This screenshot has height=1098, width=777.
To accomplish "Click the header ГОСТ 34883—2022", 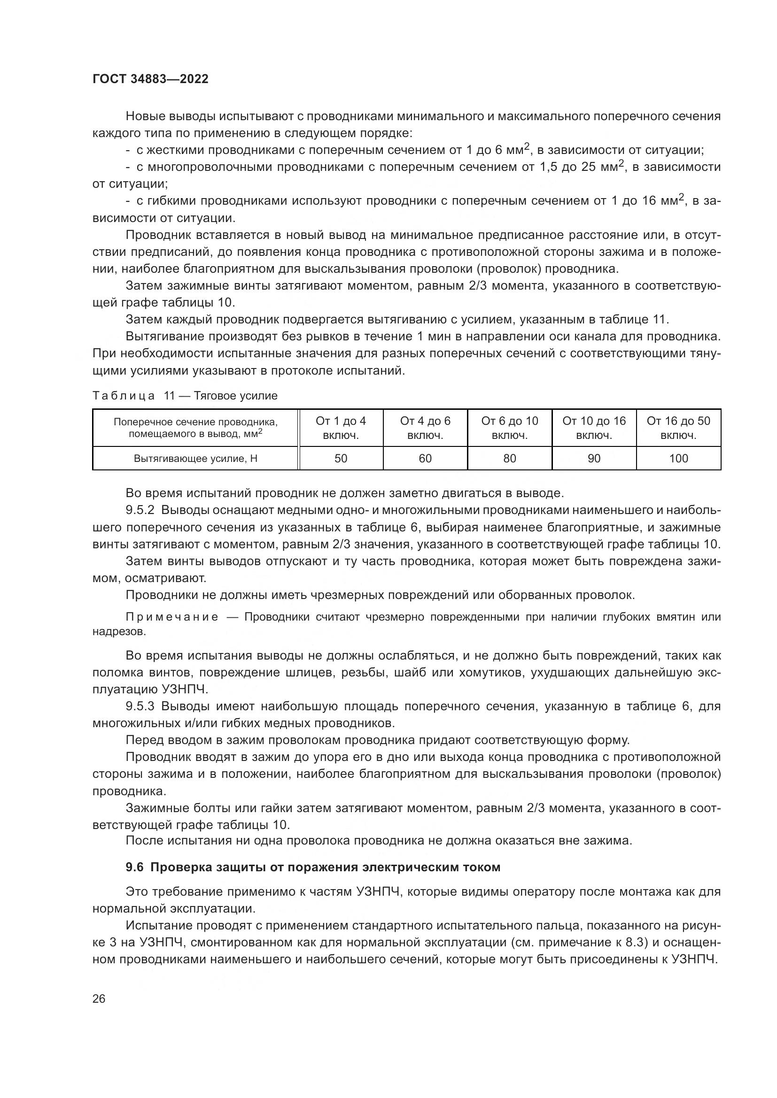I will pos(150,79).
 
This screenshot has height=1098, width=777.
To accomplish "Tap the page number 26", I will pos(99,998).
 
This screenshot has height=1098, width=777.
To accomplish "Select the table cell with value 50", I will pos(341,459).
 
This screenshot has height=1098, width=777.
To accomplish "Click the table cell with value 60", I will pos(425,459).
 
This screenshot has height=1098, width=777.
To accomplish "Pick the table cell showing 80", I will pos(510,459).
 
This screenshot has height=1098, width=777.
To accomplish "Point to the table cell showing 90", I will pos(594,459).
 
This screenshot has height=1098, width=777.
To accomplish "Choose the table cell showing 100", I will pos(678,459).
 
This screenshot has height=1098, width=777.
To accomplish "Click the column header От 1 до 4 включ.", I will pos(341,428).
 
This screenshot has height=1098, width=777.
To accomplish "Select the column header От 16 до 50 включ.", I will pos(678,428).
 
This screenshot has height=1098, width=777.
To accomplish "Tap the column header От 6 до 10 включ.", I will pos(510,428).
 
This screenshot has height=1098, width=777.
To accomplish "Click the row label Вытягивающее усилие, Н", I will pos(196,459).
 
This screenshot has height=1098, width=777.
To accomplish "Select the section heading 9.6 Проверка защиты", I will pos(313,868).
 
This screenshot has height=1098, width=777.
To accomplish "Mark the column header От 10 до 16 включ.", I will pos(594,428).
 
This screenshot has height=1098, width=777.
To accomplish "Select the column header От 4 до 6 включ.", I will pos(425,428).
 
